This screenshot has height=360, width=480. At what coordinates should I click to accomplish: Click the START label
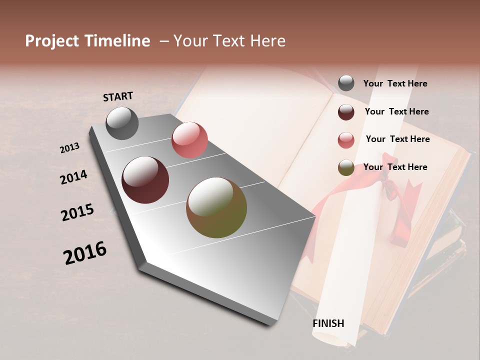click(x=118, y=96)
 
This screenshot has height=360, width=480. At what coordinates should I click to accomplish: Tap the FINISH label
click(x=328, y=323)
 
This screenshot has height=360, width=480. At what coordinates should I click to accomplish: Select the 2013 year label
click(x=69, y=148)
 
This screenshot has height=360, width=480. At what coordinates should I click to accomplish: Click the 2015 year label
click(x=77, y=212)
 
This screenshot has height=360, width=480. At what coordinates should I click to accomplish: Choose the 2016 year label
click(x=85, y=253)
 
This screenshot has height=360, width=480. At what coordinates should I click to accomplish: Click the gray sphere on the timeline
click(x=122, y=123)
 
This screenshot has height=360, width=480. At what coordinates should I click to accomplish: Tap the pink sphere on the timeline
click(x=189, y=140)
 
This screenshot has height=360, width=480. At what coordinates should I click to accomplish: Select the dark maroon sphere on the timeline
click(x=145, y=180)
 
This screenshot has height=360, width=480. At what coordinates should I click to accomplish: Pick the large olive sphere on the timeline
click(x=216, y=207)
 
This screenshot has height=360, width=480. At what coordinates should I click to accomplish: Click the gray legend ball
click(x=346, y=83)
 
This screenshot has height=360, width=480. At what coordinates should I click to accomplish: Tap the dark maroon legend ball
click(x=346, y=112)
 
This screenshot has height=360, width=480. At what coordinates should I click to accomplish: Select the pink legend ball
click(x=346, y=140)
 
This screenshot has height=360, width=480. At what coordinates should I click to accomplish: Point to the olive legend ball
click(x=346, y=168)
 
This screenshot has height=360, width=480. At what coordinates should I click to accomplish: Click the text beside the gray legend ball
click(x=395, y=83)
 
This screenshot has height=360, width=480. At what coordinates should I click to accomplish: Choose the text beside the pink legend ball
click(x=397, y=139)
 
